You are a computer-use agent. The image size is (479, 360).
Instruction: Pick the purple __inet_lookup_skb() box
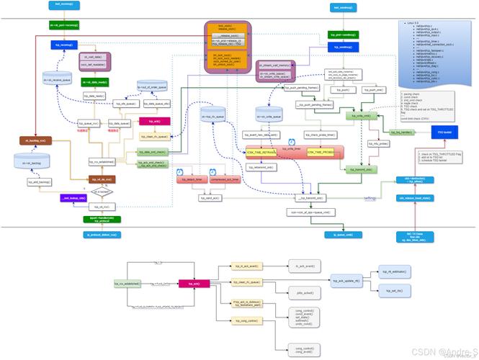(73, 197)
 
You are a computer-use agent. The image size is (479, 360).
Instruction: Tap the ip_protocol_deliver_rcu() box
(103, 235)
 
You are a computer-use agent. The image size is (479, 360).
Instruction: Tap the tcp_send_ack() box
(234, 197)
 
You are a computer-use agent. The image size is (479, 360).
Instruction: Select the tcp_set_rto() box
(393, 290)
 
